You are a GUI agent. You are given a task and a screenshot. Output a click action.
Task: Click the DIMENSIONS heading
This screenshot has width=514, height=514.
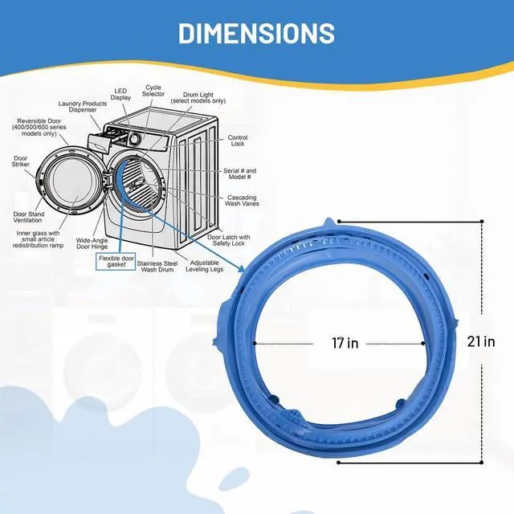tap(256, 33)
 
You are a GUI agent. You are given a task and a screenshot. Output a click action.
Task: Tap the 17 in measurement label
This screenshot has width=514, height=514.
tap(345, 343)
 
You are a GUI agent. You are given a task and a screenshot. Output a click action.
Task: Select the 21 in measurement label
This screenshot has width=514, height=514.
tap(481, 342)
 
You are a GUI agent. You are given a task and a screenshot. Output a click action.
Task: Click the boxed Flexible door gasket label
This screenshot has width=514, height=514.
tap(116, 261)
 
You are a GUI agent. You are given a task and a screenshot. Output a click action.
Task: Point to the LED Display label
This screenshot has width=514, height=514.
tap(120, 95)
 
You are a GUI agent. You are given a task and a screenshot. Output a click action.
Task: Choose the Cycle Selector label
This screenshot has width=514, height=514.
tap(153, 91)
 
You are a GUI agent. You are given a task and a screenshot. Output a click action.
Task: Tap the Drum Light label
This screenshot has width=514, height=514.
tap(198, 98)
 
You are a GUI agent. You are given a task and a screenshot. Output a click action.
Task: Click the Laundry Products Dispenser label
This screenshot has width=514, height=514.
tap(83, 107)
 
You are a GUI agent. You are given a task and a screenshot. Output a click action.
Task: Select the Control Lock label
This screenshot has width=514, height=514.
tap(238, 141)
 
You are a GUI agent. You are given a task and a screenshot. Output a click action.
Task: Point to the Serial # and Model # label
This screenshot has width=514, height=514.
tap(239, 173)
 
